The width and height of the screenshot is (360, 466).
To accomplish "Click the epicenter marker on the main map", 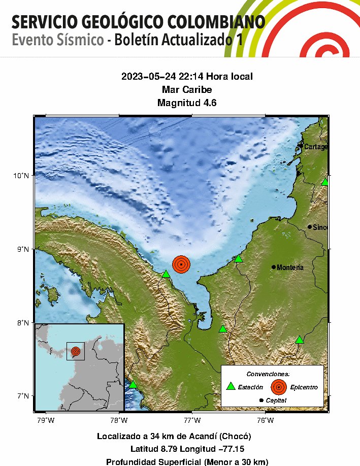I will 181,264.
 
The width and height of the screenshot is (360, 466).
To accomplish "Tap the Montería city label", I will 290,268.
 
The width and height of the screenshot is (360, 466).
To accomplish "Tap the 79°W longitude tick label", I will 46,420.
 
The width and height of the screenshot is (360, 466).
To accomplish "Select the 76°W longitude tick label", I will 266,420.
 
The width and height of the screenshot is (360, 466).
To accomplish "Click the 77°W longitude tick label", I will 192,420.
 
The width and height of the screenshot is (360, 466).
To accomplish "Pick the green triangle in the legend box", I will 231,386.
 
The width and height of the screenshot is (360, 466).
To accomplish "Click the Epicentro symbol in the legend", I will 279,387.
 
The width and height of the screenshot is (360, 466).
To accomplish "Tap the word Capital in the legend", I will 276,401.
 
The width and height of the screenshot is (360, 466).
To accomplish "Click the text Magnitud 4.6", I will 186,103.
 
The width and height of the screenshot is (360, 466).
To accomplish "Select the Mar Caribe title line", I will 186,90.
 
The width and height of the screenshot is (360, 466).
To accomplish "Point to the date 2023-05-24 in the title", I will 146,77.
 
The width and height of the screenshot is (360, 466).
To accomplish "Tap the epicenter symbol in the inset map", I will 76,351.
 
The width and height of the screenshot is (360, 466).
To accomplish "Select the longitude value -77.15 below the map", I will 231,449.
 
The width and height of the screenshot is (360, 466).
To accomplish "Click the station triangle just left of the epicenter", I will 166,274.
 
